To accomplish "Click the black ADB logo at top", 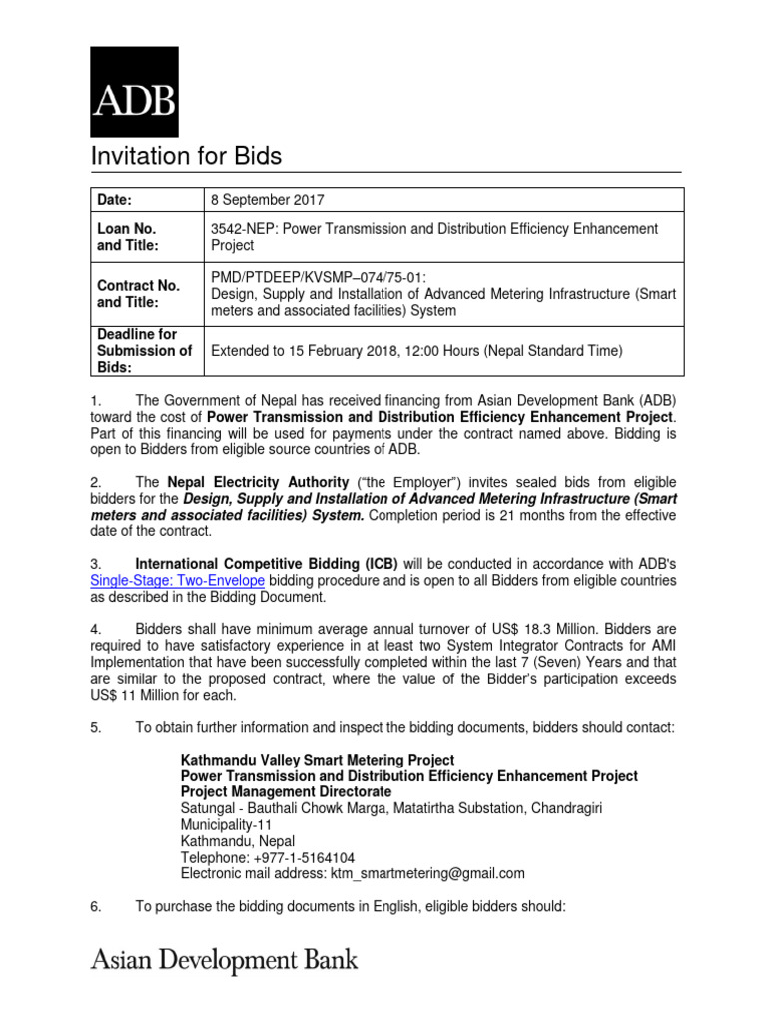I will pos(135,92).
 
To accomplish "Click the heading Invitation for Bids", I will pos(187,156).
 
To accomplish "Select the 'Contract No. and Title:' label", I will pos(138,293).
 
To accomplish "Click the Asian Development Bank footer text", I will pos(224,962).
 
